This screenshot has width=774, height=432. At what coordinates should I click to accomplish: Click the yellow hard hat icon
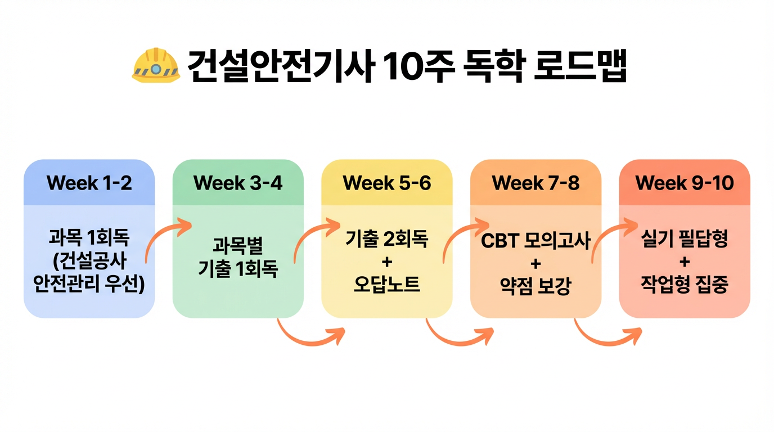156,66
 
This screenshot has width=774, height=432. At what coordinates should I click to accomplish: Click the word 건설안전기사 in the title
280,66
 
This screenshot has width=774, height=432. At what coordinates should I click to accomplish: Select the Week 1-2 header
89,183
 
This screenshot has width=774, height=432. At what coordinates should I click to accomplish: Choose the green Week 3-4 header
237,183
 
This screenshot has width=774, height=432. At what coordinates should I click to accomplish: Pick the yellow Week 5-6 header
386,183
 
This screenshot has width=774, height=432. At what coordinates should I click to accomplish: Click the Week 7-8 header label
535,183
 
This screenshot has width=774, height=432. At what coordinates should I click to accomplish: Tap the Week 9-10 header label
685,183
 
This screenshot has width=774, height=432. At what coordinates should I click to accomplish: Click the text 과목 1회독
89,239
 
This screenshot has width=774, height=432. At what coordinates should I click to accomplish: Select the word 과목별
238,246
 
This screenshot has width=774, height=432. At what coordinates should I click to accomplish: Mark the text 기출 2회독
386,240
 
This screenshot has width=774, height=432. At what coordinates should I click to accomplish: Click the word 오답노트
386,285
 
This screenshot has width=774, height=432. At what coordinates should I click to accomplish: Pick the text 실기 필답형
685,240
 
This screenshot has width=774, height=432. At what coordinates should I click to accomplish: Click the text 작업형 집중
685,285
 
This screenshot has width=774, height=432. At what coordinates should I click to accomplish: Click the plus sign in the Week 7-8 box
535,263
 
